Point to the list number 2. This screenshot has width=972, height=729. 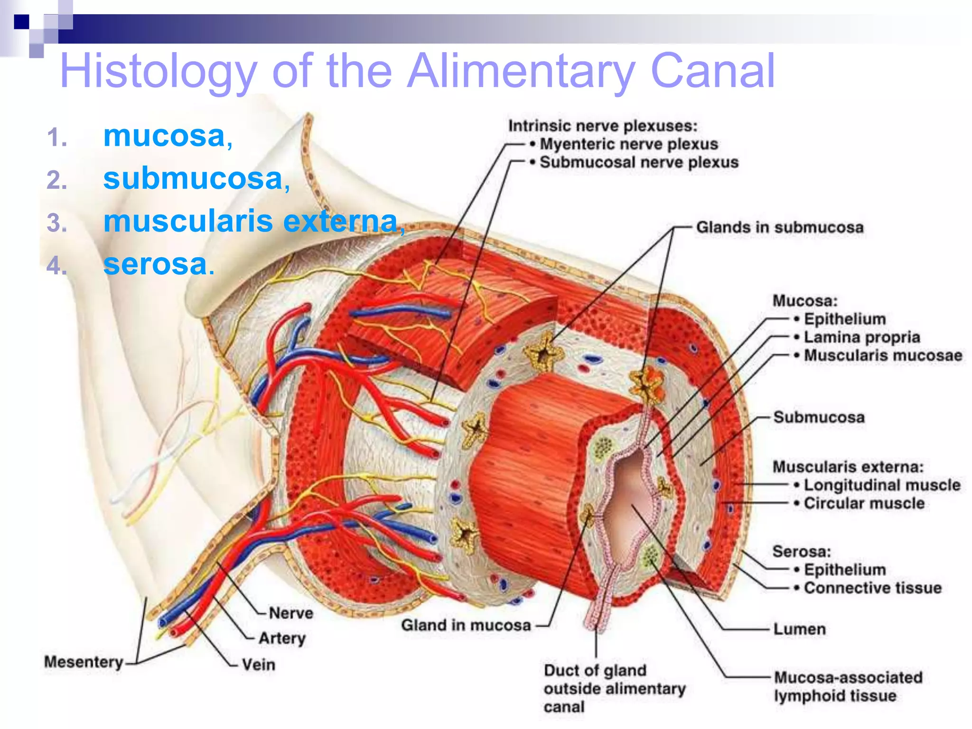56,181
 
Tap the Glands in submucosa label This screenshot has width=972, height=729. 779,227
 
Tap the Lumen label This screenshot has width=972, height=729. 799,629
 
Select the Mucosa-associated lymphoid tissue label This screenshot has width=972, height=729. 848,686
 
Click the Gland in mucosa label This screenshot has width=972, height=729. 466,625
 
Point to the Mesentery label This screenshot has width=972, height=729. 84,662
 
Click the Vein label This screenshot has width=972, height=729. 258,664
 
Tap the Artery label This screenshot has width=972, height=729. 282,638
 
